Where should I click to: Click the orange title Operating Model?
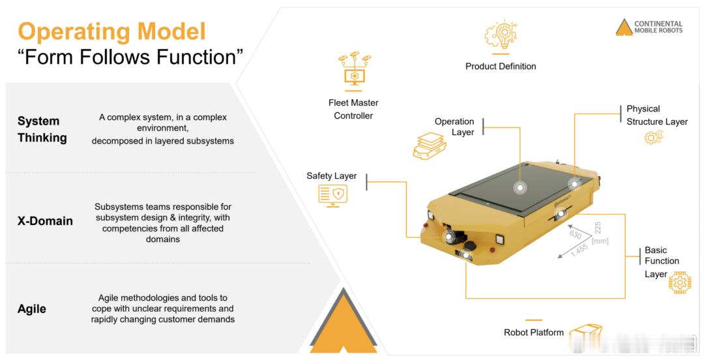(112, 31)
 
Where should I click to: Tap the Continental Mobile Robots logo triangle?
(624, 28)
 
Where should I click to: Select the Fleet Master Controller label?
(353, 109)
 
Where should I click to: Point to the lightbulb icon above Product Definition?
(501, 35)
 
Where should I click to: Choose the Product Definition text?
(501, 67)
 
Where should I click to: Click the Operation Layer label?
(454, 127)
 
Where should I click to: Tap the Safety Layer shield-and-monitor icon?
(332, 196)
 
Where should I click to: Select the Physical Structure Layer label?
(657, 115)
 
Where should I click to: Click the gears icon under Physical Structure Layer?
(654, 136)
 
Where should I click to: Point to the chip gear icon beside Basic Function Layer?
(680, 282)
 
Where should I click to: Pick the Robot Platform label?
(533, 333)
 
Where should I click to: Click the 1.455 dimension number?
(579, 251)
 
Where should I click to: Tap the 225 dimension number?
(598, 228)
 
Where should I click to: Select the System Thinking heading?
(42, 129)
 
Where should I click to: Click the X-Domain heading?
(45, 221)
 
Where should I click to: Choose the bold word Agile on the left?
(31, 309)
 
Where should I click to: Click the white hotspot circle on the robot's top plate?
(520, 187)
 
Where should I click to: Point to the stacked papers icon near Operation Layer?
(430, 145)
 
